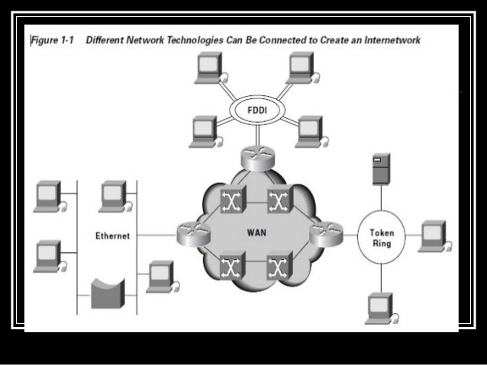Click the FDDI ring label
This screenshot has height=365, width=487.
256,112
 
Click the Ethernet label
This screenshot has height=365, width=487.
112,235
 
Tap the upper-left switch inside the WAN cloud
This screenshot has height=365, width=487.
230,200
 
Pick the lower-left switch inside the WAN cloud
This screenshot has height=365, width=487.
230,267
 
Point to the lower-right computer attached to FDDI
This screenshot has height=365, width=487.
308,130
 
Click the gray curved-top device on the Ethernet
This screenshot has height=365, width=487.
107,293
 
